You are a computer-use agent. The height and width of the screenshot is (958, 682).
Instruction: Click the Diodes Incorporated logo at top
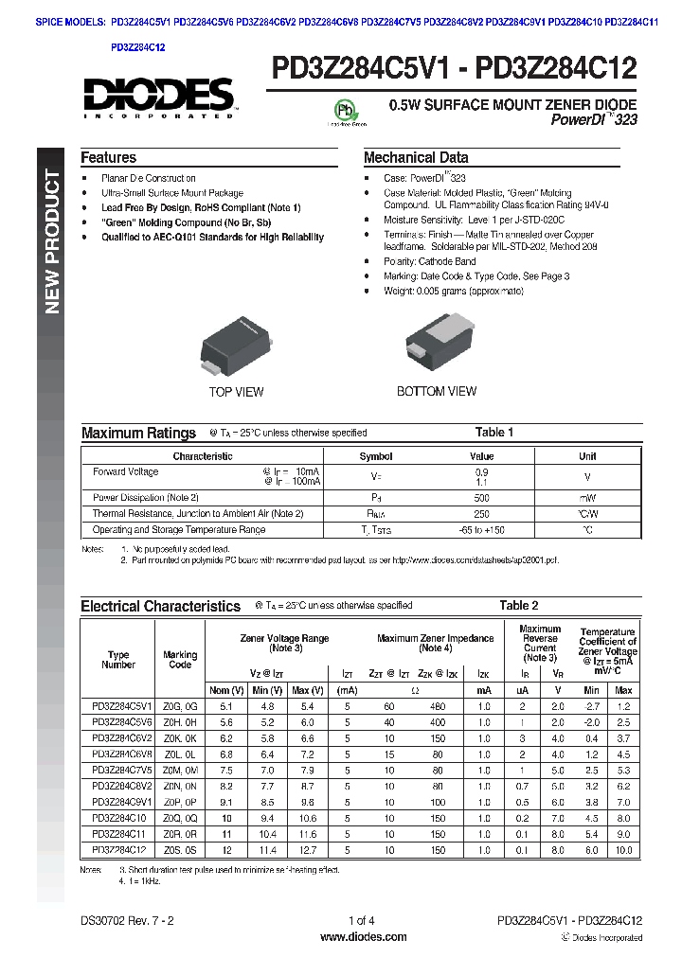[158, 98]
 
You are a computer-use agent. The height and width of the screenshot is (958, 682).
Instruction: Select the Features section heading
[108, 158]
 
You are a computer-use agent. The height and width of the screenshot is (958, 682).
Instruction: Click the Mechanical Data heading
[416, 158]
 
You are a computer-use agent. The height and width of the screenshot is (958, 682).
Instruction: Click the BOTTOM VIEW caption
[437, 391]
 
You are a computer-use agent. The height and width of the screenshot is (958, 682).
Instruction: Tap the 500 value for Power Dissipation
[482, 497]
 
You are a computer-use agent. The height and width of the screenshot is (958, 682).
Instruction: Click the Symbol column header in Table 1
[376, 456]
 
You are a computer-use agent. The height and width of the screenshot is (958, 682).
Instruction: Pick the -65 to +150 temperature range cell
[482, 530]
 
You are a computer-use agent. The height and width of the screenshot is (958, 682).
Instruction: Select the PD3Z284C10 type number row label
[118, 818]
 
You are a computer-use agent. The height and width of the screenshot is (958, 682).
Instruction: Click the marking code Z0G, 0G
[180, 706]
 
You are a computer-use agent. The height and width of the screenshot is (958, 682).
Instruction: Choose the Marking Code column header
[180, 659]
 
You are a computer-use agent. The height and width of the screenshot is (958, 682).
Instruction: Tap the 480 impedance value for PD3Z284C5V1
[437, 706]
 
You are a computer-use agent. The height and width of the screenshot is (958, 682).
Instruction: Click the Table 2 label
[518, 605]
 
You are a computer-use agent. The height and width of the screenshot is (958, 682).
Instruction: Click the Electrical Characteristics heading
[160, 606]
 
